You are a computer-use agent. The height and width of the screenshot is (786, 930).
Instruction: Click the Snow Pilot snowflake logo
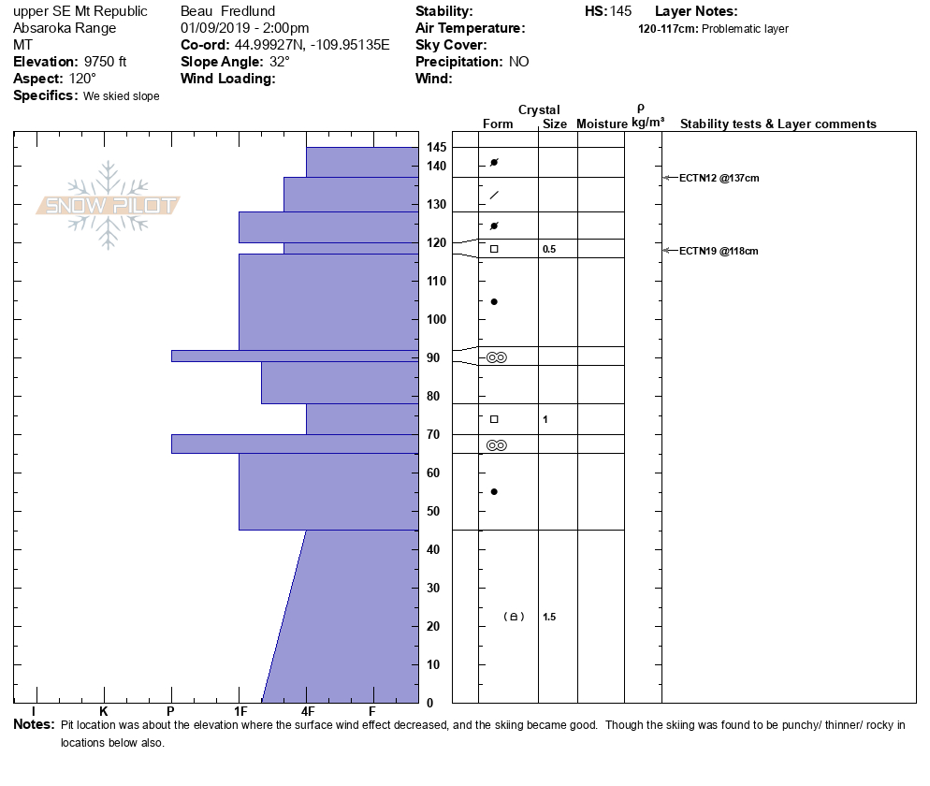click(x=108, y=205)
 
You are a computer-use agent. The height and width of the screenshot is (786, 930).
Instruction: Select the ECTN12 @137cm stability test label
click(x=719, y=178)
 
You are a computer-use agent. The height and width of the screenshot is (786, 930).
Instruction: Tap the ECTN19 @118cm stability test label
click(x=719, y=251)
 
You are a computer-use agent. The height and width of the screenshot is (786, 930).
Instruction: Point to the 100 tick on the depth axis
click(x=437, y=319)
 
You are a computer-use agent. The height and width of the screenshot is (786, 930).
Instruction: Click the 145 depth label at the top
click(x=437, y=147)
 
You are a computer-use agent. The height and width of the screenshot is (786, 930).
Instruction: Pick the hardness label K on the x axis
click(x=103, y=711)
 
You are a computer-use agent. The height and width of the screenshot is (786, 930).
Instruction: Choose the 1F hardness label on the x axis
click(x=240, y=711)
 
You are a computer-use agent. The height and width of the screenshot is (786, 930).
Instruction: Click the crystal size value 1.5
click(x=549, y=617)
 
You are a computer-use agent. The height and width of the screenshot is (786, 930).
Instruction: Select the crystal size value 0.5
click(x=549, y=249)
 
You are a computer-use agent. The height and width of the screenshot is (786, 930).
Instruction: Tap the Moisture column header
click(x=602, y=124)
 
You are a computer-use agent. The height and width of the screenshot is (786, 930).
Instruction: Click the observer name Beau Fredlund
click(x=227, y=11)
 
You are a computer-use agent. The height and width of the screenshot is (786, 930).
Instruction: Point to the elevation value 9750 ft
click(x=105, y=62)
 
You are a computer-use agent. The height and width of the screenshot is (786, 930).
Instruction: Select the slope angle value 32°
click(x=280, y=62)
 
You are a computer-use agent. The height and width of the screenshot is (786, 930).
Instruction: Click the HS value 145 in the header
click(x=619, y=11)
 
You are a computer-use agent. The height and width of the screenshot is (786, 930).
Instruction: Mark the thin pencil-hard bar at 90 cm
click(x=295, y=356)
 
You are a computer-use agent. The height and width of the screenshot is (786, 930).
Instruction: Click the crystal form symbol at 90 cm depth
click(x=497, y=357)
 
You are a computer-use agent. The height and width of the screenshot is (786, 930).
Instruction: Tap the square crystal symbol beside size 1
click(x=494, y=419)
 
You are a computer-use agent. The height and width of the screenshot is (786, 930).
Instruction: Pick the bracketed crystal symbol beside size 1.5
click(x=514, y=617)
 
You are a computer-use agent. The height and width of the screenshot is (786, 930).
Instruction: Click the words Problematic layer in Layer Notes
click(x=745, y=29)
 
